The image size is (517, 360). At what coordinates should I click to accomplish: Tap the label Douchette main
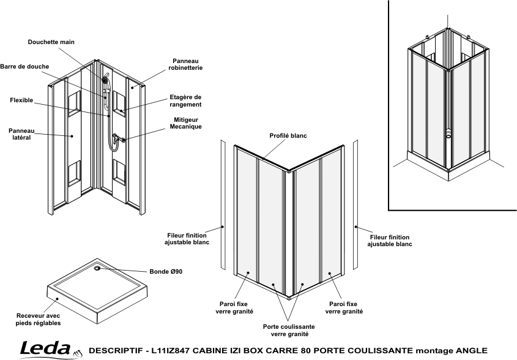(51, 42)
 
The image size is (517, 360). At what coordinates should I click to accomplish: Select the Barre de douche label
(24, 66)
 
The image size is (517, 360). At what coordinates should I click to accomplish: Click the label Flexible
(21, 100)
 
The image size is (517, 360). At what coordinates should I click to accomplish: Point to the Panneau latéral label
(21, 134)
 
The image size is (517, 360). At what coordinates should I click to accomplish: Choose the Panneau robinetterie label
(185, 64)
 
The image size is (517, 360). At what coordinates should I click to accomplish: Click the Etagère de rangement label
(185, 100)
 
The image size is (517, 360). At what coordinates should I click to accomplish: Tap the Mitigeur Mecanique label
(186, 123)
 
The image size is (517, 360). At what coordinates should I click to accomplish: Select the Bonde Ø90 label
(166, 272)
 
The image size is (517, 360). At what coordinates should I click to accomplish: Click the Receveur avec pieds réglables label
(39, 320)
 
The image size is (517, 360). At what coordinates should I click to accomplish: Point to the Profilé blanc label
(288, 136)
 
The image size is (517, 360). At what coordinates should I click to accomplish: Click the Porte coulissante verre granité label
(289, 330)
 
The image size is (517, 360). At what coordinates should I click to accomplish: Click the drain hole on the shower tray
(97, 268)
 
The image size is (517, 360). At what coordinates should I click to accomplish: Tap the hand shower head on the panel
(105, 80)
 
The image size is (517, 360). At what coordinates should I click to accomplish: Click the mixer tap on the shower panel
(117, 138)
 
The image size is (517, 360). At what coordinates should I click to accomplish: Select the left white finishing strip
(223, 204)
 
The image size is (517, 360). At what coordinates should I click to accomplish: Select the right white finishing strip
(355, 204)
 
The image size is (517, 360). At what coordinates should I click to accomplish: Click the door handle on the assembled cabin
(448, 133)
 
